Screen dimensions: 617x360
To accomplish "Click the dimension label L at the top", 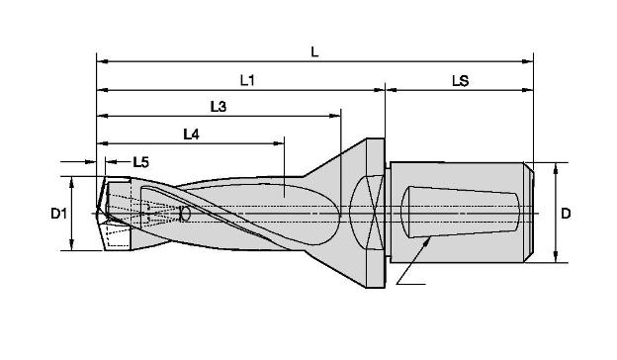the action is (314, 52).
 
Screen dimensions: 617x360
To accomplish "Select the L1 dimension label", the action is (247, 81).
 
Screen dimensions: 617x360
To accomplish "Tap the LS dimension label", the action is (460, 81).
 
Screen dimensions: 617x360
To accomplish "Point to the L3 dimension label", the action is (218, 106).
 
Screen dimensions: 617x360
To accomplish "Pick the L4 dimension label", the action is (191, 135).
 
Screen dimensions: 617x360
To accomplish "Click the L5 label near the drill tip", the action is (140, 162).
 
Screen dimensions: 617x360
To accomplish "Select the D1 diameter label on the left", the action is (58, 214).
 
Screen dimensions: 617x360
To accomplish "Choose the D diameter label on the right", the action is (566, 214).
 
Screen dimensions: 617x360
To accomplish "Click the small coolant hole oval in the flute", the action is (185, 214).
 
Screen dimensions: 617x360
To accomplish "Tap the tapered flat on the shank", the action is (461, 212).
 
